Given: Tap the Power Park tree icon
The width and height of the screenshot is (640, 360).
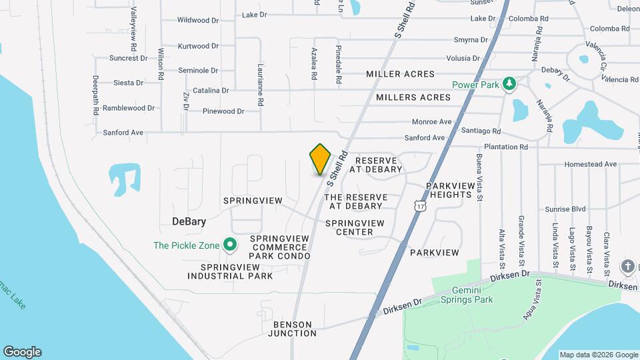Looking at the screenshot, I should tap(510, 83).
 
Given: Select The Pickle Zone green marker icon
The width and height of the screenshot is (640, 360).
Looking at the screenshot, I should tap(230, 245).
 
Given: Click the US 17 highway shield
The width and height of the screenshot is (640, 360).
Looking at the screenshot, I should tap(419, 207).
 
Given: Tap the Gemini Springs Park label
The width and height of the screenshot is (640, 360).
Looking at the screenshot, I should tap(467, 295).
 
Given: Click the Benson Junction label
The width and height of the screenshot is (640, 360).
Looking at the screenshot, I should tap(293, 329).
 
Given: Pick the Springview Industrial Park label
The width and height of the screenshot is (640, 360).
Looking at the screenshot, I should tap(237, 271).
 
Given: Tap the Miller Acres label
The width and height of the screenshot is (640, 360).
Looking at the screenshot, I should tap(400, 74).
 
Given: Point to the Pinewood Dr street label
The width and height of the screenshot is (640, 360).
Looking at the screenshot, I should tap(223, 111).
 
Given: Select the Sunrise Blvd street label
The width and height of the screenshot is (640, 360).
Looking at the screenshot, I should tap(564, 209).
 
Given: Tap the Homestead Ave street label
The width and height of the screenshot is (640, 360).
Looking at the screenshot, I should tap(590, 164).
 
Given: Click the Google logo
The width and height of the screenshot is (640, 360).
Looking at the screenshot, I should tap(22, 352).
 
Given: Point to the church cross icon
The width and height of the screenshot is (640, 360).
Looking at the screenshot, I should tap(627, 267).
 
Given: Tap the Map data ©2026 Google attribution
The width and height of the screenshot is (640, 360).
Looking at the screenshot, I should tap(599, 355).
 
